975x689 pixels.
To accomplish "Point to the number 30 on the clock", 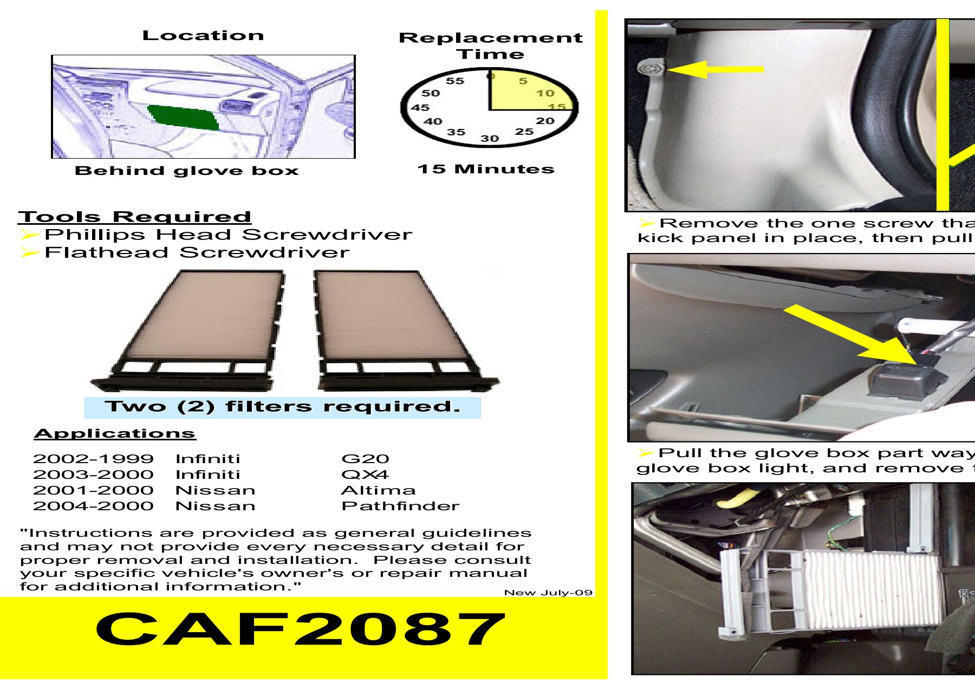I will tap(489, 139).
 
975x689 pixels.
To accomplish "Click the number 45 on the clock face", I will tap(420, 107).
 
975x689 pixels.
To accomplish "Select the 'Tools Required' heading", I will tap(134, 217).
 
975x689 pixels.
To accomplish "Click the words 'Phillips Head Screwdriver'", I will tap(227, 235).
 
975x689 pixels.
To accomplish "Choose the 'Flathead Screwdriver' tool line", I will tap(197, 252).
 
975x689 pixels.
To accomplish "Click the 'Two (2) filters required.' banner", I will tap(282, 407).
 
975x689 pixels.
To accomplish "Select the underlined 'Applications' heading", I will tap(114, 433).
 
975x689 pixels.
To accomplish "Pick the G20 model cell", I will tap(365, 459).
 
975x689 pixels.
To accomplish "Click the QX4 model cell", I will tap(365, 474).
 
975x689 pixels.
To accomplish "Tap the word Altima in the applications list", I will tap(378, 490).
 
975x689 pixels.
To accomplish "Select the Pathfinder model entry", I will tap(400, 506).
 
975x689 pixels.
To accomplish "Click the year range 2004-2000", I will tap(93, 506).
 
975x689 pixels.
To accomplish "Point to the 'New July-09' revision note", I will tap(548, 593).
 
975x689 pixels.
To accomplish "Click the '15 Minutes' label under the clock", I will tap(486, 169).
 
